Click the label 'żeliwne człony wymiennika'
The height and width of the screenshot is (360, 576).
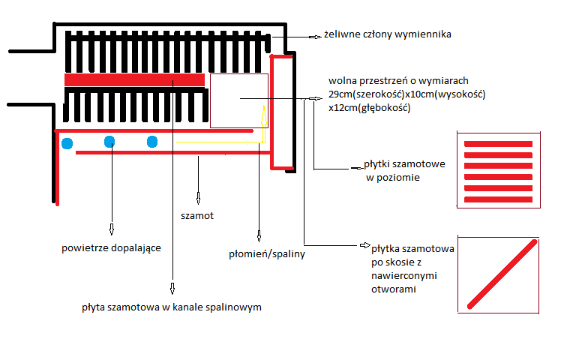tap(387, 34)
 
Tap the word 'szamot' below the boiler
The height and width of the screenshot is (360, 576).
tap(197, 215)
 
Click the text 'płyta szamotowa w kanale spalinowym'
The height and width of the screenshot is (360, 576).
tap(172, 307)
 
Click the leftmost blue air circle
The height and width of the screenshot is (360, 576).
tap(67, 142)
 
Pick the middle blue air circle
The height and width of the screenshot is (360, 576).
tap(109, 141)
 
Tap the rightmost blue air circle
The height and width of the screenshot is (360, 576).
tap(152, 141)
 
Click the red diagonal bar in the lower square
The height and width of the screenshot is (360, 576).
tap(499, 274)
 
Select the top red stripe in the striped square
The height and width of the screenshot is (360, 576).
tap(498, 143)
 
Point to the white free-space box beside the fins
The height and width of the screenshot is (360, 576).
tap(238, 100)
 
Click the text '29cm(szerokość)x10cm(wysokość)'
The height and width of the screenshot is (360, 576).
tap(407, 94)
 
